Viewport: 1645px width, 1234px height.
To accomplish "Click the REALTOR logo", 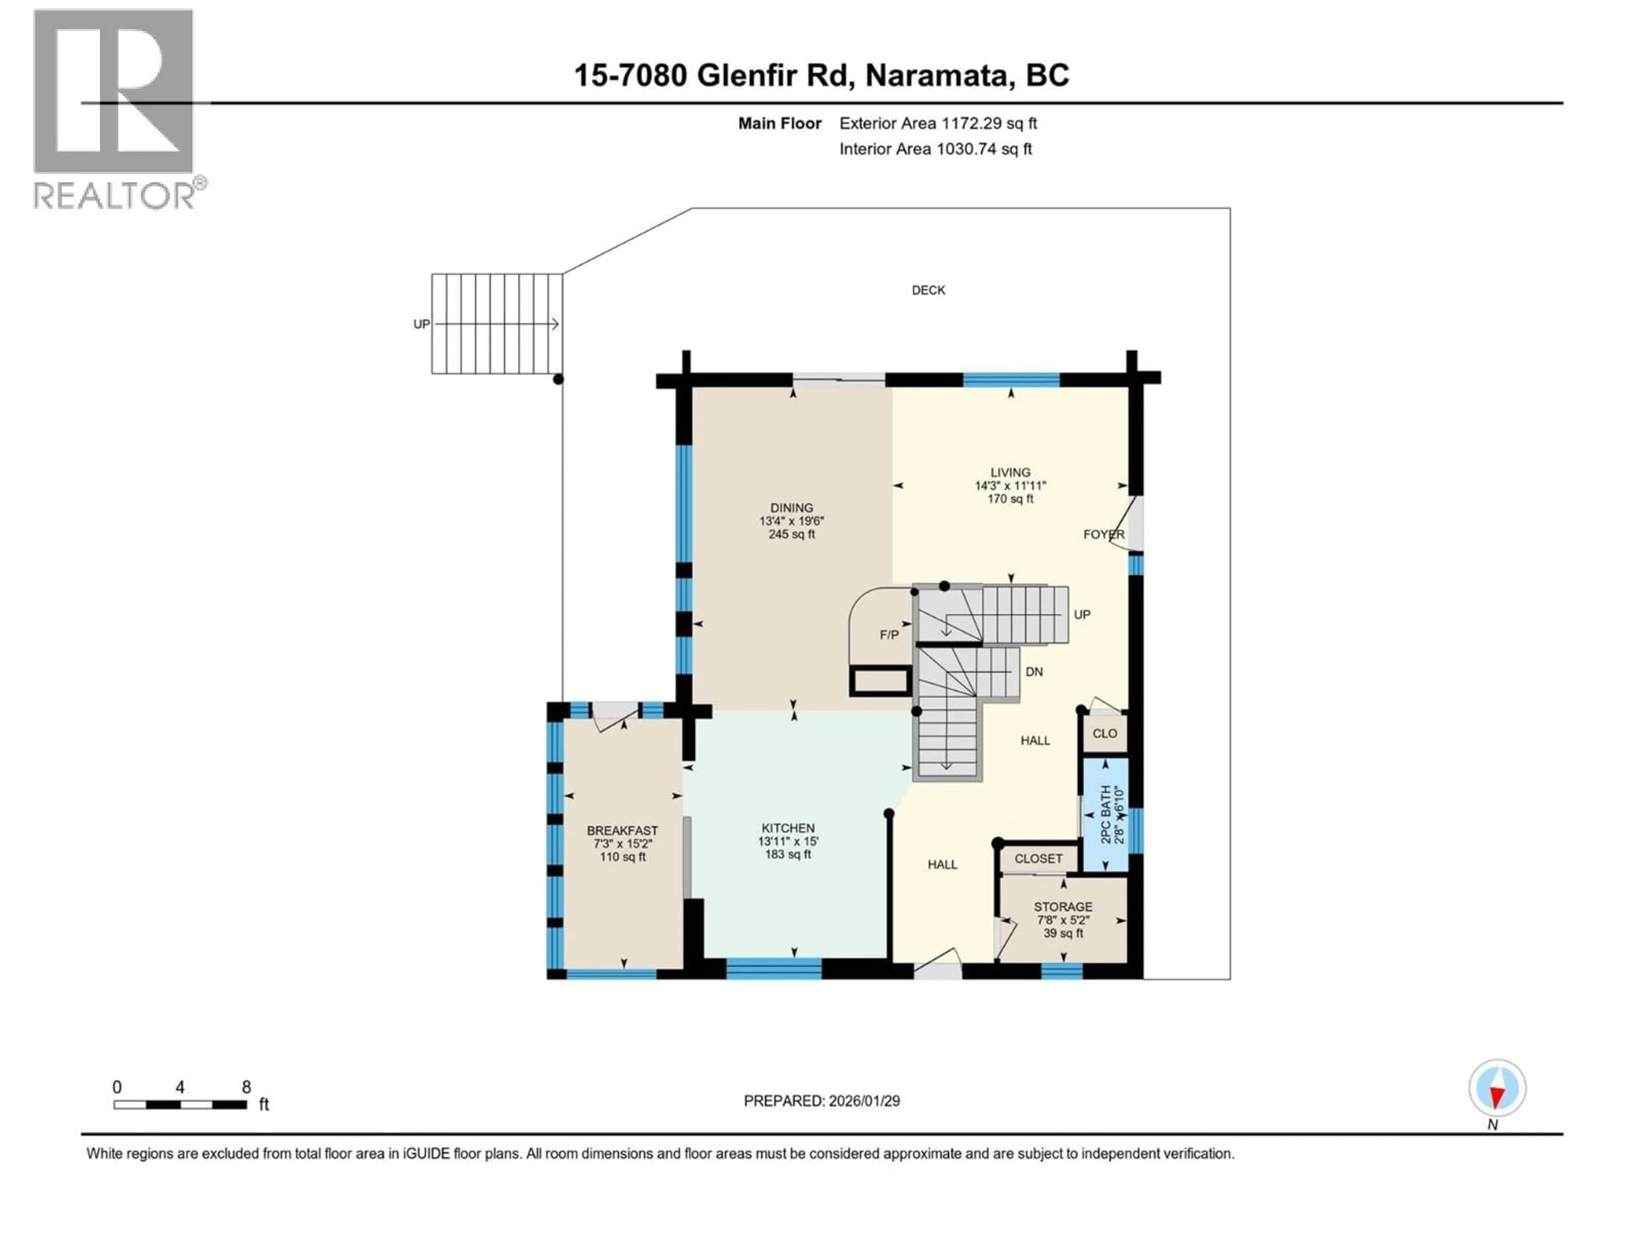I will point(115,108).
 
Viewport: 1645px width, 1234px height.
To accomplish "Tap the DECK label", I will point(928,290).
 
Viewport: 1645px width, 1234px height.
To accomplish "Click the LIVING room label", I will point(1010,472).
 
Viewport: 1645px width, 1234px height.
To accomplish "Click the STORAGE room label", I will point(1063,907).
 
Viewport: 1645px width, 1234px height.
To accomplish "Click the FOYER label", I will point(1104,534).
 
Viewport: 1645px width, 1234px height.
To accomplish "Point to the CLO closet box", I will point(1104,734).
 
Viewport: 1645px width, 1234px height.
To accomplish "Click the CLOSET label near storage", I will point(1038,858).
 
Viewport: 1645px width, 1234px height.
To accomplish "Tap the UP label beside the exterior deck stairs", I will point(421,324).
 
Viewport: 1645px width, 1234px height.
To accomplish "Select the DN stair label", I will point(1034,672).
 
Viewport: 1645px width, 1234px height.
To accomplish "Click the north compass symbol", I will point(1497,1089).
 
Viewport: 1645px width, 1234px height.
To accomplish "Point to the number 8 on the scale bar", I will point(246,1087).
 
